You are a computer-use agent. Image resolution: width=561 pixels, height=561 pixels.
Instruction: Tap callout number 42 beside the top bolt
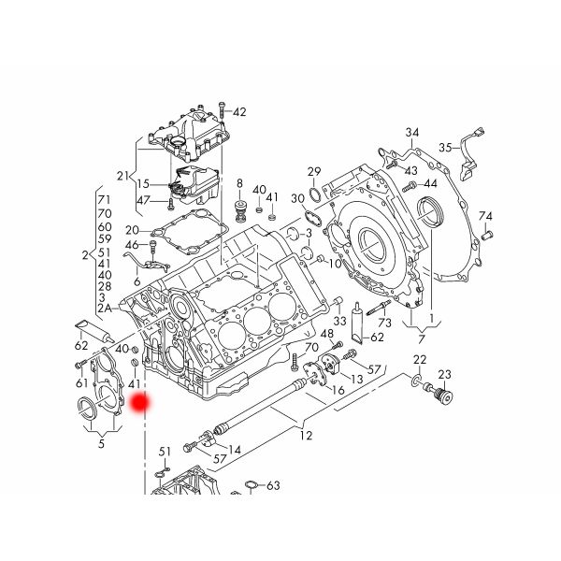click(x=239, y=112)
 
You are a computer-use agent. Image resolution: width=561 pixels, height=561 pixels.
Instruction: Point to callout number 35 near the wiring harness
click(x=446, y=147)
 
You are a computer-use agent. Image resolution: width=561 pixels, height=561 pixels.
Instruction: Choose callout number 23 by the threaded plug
click(x=444, y=375)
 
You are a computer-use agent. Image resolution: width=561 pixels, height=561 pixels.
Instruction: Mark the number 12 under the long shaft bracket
click(x=306, y=435)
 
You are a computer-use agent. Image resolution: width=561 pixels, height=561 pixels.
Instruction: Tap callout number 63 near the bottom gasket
click(x=273, y=486)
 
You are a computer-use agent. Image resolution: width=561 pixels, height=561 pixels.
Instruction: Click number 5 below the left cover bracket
click(x=101, y=442)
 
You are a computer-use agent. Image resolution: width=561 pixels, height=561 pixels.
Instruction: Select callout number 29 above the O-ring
click(x=314, y=170)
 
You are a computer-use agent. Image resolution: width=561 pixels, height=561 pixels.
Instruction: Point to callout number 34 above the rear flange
click(x=412, y=132)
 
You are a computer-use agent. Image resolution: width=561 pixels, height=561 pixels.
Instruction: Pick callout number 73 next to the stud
click(x=384, y=323)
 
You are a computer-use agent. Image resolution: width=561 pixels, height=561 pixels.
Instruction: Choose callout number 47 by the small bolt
click(x=143, y=200)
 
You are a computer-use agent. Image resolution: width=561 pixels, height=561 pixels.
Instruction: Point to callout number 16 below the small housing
click(x=338, y=389)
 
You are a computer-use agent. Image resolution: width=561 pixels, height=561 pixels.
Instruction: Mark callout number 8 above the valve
click(x=239, y=182)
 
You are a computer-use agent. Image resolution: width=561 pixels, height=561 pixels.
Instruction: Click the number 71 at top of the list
click(x=104, y=201)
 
